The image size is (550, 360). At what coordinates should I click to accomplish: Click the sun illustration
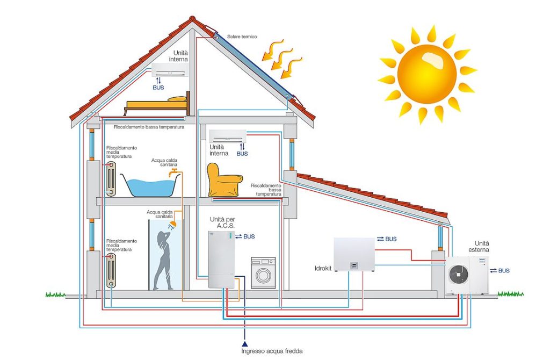427,74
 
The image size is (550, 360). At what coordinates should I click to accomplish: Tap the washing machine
263,272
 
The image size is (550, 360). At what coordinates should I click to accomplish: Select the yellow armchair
223,180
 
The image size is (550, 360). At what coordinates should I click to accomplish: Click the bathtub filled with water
150,184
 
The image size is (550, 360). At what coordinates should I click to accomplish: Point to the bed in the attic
157,104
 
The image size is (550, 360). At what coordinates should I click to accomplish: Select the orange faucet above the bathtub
173,172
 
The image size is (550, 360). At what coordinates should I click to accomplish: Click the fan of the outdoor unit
459,274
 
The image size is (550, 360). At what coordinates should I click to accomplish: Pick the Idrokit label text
323,269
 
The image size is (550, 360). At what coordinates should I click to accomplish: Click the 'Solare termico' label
242,37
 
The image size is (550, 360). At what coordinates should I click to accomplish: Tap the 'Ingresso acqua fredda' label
271,351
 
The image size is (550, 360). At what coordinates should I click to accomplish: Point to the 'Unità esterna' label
479,247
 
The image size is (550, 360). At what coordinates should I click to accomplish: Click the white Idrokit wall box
354,254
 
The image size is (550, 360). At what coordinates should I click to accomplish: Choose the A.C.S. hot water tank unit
221,260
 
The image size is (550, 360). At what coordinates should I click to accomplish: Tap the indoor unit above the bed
170,70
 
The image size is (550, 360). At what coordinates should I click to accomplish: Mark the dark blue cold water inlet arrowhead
245,343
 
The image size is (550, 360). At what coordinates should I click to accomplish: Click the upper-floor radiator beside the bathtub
111,178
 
